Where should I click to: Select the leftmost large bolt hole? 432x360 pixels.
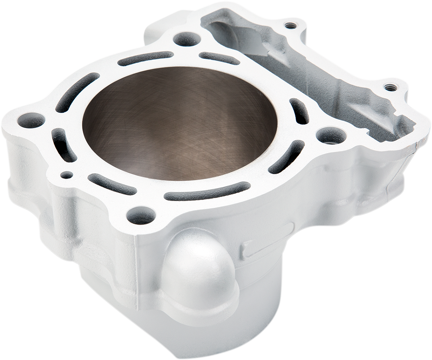(31, 120)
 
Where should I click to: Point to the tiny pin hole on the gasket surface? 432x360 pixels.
(66, 175)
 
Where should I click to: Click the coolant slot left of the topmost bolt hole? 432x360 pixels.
(145, 58)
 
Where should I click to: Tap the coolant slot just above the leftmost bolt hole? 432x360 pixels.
(76, 92)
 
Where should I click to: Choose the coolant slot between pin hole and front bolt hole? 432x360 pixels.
(112, 184)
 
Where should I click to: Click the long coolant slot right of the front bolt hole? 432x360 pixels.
(207, 191)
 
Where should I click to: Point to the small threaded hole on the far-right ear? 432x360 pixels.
(389, 87)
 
